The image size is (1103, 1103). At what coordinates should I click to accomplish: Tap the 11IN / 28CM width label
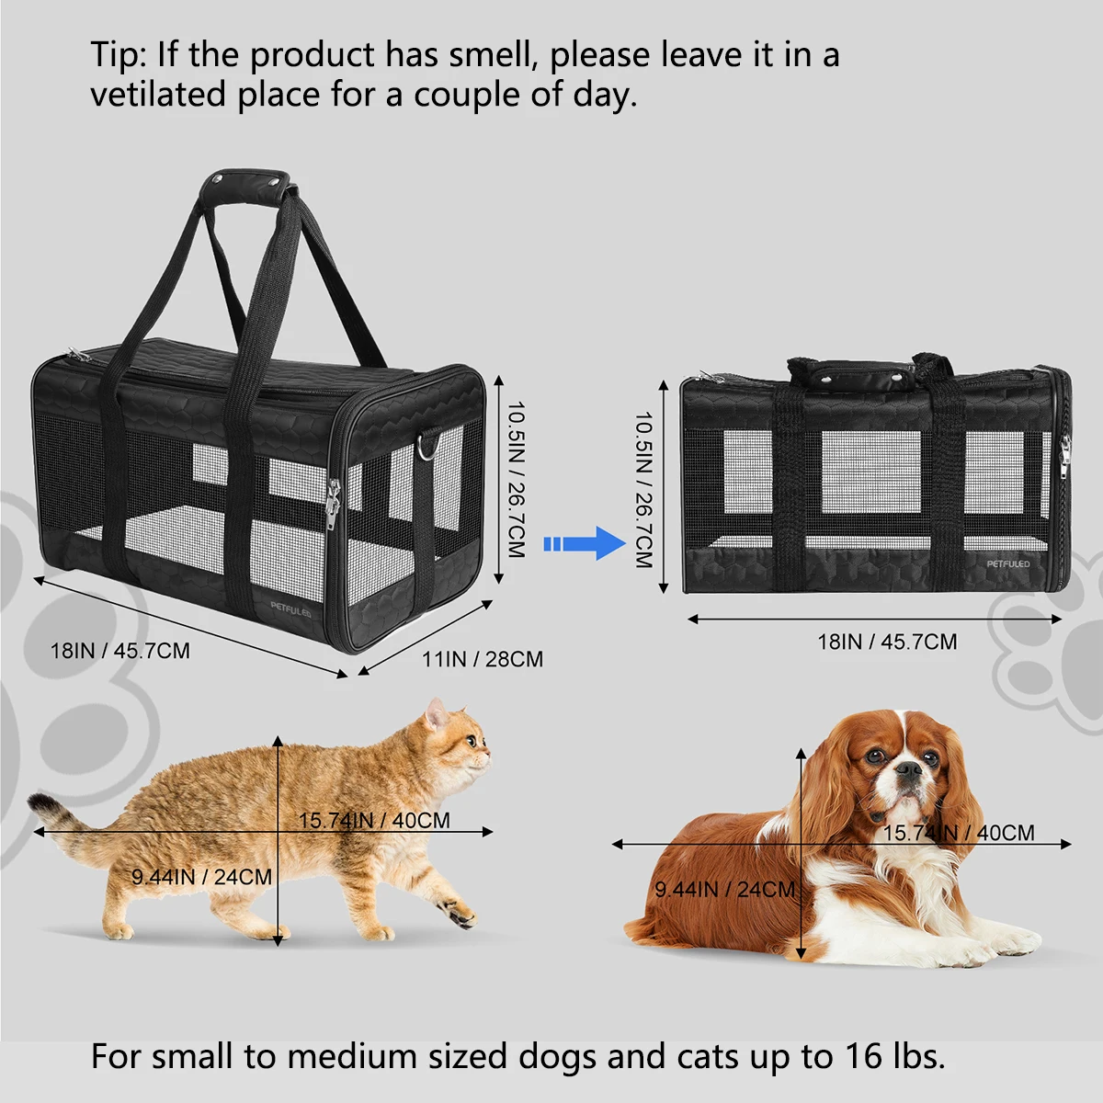tap(482, 659)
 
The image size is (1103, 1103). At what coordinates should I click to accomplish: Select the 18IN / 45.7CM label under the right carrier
tap(887, 642)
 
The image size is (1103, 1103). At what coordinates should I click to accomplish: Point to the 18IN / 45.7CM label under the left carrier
tap(119, 651)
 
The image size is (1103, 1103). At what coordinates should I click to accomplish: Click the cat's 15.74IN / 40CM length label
tap(374, 820)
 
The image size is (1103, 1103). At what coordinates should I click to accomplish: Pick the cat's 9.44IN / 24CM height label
tap(201, 877)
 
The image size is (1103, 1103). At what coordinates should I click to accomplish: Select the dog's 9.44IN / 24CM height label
tap(724, 889)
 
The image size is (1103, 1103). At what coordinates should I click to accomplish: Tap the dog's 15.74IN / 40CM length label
tap(959, 833)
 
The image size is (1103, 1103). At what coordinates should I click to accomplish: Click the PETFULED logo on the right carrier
tap(1008, 563)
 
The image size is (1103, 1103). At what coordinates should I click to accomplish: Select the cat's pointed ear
tap(435, 713)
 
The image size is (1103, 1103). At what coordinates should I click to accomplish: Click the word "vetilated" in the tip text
tap(157, 96)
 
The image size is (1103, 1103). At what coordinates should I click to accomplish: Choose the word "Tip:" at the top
tap(119, 55)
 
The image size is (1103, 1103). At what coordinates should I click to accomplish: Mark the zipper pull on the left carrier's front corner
tap(332, 505)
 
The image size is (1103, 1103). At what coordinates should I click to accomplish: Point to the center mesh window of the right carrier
tap(870, 472)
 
